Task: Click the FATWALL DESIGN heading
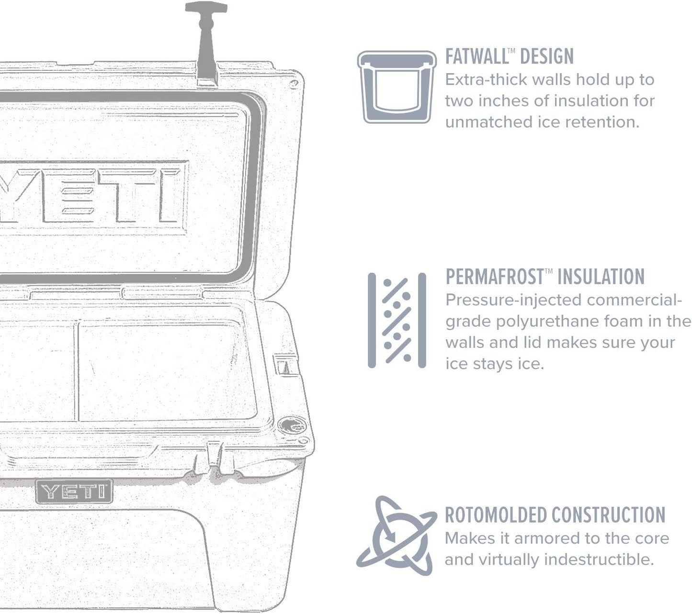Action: point(509,56)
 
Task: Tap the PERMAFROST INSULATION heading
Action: point(545,277)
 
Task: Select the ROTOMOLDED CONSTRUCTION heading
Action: point(555,515)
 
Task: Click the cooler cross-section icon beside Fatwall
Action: point(397,87)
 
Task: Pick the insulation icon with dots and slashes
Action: point(397,320)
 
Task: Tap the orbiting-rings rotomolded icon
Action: point(397,536)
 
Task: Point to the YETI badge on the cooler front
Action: point(74,491)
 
